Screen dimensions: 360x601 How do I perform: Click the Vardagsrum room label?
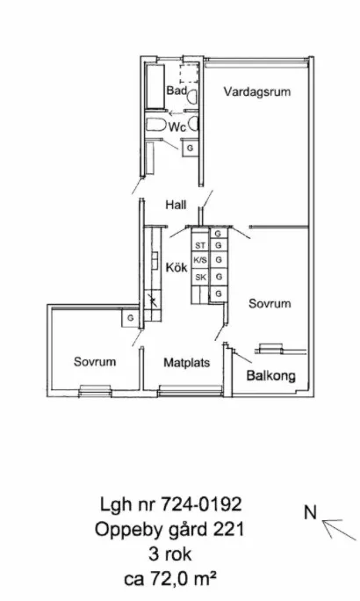pyautogui.click(x=257, y=92)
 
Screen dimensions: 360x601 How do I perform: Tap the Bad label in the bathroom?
pyautogui.click(x=176, y=91)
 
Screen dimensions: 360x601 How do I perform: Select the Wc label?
pyautogui.click(x=177, y=127)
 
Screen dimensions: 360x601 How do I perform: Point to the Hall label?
pyautogui.click(x=176, y=205)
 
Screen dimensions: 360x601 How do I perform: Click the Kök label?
pyautogui.click(x=176, y=267)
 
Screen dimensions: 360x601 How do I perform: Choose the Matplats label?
pyautogui.click(x=187, y=363)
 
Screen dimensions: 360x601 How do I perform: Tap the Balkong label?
pyautogui.click(x=270, y=376)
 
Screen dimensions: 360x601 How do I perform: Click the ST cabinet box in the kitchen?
pyautogui.click(x=200, y=246)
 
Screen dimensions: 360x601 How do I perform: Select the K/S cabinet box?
pyautogui.click(x=200, y=260)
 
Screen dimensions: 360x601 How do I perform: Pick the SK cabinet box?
pyautogui.click(x=200, y=277)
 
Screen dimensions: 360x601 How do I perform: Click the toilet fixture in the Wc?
pyautogui.click(x=156, y=125)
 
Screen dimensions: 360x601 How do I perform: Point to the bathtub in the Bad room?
pyautogui.click(x=155, y=87)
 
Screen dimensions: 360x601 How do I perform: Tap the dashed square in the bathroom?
pyautogui.click(x=189, y=75)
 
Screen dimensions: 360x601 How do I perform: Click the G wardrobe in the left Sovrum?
pyautogui.click(x=130, y=318)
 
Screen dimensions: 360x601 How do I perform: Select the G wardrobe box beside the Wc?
pyautogui.click(x=190, y=148)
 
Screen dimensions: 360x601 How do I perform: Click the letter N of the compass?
pyautogui.click(x=311, y=512)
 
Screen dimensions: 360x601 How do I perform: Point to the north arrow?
pyautogui.click(x=339, y=529)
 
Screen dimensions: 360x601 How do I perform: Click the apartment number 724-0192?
pyautogui.click(x=201, y=504)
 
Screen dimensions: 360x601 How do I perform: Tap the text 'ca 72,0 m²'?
pyautogui.click(x=170, y=579)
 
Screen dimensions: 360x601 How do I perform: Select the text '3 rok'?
pyautogui.click(x=170, y=554)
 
